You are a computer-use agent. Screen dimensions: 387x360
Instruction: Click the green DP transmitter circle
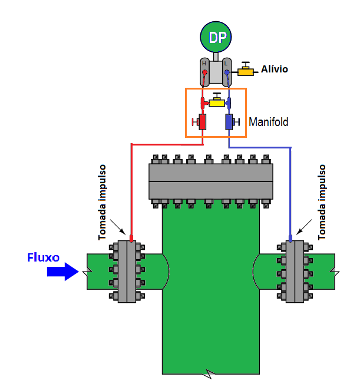point(217,37)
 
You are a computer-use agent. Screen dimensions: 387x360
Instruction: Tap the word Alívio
point(275,70)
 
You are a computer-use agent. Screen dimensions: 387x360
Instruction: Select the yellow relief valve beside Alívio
point(246,71)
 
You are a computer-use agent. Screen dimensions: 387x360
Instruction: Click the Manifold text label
point(269,123)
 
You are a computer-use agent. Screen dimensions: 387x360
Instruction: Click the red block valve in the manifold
point(202,123)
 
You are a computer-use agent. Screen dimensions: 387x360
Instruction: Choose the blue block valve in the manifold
point(229,123)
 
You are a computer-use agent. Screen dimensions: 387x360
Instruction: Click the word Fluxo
point(43,257)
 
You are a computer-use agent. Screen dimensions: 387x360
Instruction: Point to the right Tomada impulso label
point(322,202)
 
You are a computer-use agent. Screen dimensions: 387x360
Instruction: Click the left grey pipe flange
point(127,272)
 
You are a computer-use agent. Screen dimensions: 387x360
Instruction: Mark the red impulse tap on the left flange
point(131,239)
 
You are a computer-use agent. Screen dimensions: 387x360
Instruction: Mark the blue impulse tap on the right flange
point(290,239)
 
